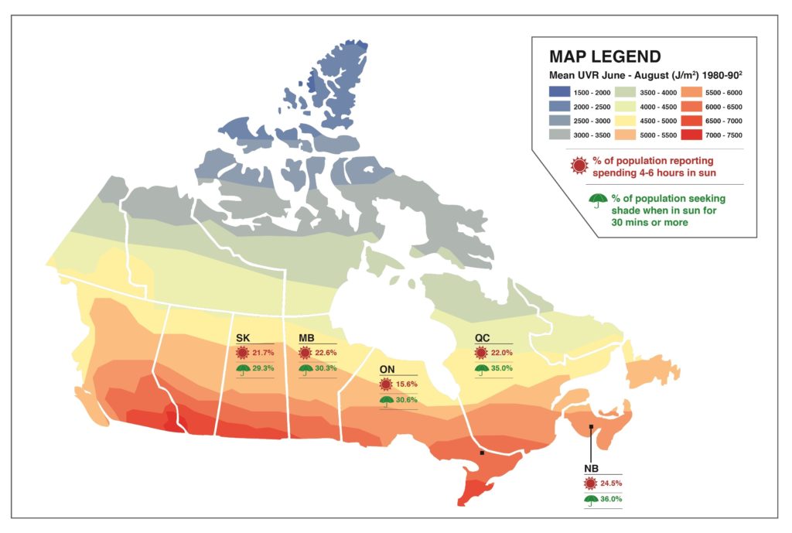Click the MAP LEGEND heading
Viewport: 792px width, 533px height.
pos(604,56)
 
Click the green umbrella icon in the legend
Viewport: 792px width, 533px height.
pos(597,201)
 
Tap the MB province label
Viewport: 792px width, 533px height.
pos(306,338)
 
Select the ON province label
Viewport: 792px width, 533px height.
pos(387,369)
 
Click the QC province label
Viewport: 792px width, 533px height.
pos(483,338)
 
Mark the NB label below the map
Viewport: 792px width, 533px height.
pos(591,469)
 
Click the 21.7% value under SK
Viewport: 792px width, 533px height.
pos(264,353)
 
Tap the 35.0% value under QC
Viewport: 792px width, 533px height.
pos(502,368)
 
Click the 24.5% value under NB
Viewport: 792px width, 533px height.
pos(611,483)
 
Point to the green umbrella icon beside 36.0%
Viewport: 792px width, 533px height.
pos(590,499)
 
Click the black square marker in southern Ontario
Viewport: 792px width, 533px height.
pos(482,453)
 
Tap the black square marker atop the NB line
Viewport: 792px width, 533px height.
pos(591,427)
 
